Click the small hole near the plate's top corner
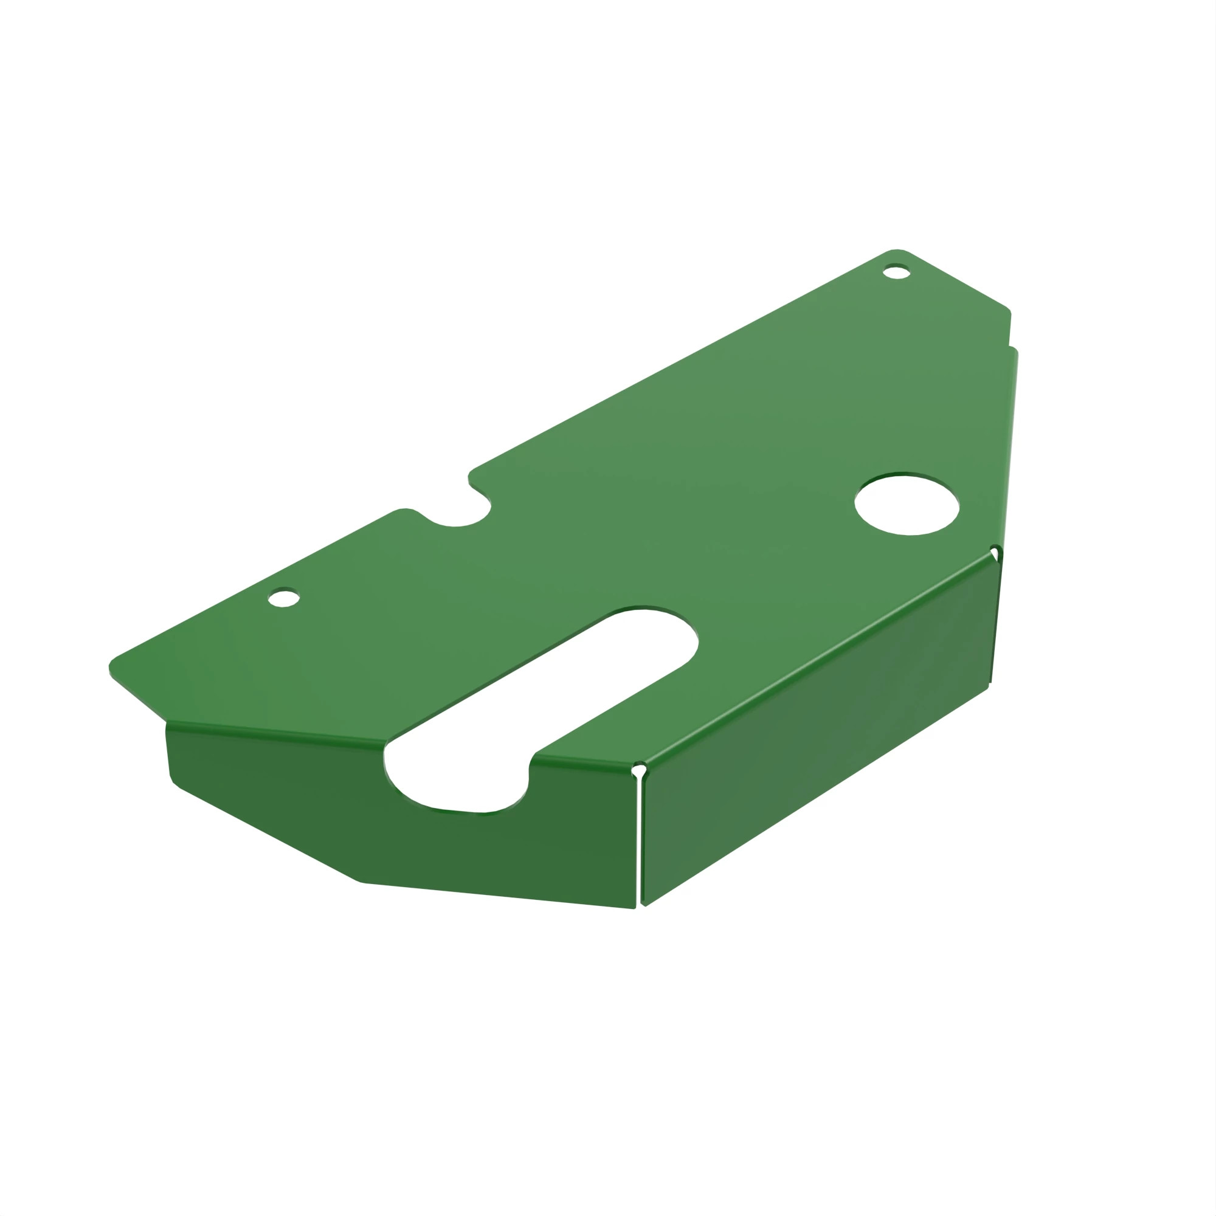(x=896, y=272)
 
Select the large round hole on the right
(x=907, y=504)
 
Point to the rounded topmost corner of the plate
(x=897, y=252)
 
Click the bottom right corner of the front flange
(x=632, y=907)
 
